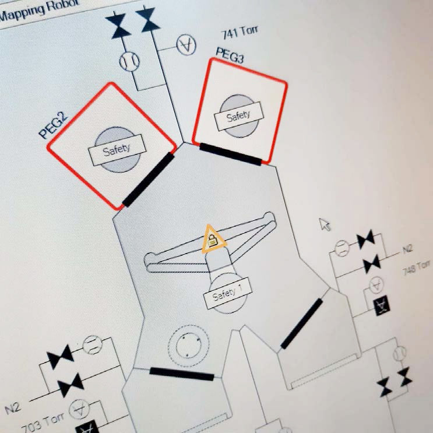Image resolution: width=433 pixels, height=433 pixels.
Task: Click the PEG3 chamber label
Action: point(230,55)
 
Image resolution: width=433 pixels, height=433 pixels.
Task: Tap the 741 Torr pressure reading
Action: point(239,32)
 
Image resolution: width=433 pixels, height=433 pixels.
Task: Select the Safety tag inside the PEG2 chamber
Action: point(117,150)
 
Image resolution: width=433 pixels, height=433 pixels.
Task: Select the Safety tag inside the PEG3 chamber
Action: point(238,116)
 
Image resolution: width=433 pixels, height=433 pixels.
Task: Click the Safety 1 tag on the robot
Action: point(227,293)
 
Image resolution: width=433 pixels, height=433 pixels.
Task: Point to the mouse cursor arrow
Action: point(325,224)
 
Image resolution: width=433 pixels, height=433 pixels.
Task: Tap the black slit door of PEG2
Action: point(148,179)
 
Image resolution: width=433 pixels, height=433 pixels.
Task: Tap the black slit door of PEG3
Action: point(231,154)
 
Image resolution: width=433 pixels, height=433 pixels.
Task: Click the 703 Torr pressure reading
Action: point(43,422)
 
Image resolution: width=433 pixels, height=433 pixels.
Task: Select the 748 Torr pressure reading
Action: point(417,267)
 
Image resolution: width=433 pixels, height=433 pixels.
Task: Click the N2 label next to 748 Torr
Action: point(407,249)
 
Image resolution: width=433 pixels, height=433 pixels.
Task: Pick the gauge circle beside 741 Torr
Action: point(186,44)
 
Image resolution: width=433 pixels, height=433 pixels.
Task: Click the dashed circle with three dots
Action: point(189,345)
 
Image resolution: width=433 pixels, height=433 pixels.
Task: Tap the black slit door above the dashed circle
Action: point(182,374)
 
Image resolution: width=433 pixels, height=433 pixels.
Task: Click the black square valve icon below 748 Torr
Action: point(381,305)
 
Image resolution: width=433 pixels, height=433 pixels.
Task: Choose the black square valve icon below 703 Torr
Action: point(88,427)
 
